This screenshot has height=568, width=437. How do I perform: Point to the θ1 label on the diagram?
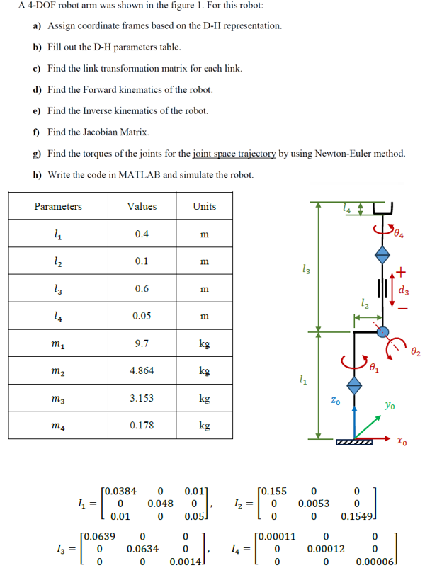[375, 368]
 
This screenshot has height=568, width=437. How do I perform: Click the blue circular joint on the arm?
[382, 331]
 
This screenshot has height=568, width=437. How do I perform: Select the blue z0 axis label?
[337, 401]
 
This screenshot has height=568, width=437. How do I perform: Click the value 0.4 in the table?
[142, 234]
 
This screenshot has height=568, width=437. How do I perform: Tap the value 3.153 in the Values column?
[142, 398]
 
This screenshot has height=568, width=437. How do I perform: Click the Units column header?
[204, 206]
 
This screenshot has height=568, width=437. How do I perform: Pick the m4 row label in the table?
[58, 426]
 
